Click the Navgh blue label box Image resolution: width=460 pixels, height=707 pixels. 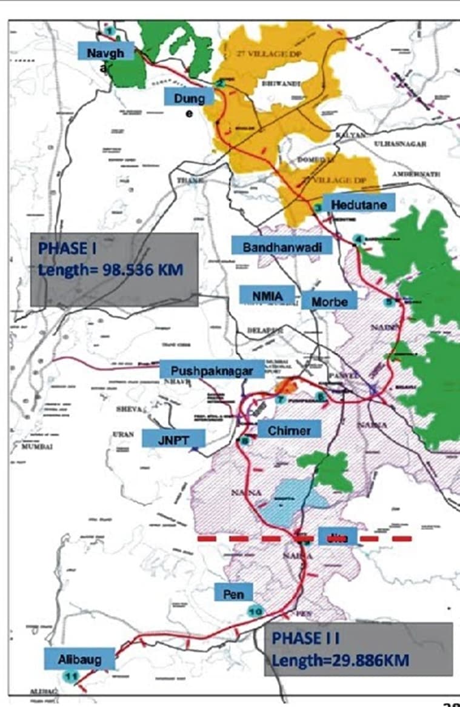click(x=105, y=53)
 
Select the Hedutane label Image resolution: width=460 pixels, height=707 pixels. click(x=358, y=206)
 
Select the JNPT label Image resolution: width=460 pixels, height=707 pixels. click(x=174, y=438)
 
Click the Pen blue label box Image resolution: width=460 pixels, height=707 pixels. click(x=233, y=593)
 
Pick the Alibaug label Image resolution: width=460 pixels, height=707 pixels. click(x=79, y=658)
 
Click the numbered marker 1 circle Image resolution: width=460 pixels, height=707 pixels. click(x=109, y=30)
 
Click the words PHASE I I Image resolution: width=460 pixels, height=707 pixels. click(x=305, y=638)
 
